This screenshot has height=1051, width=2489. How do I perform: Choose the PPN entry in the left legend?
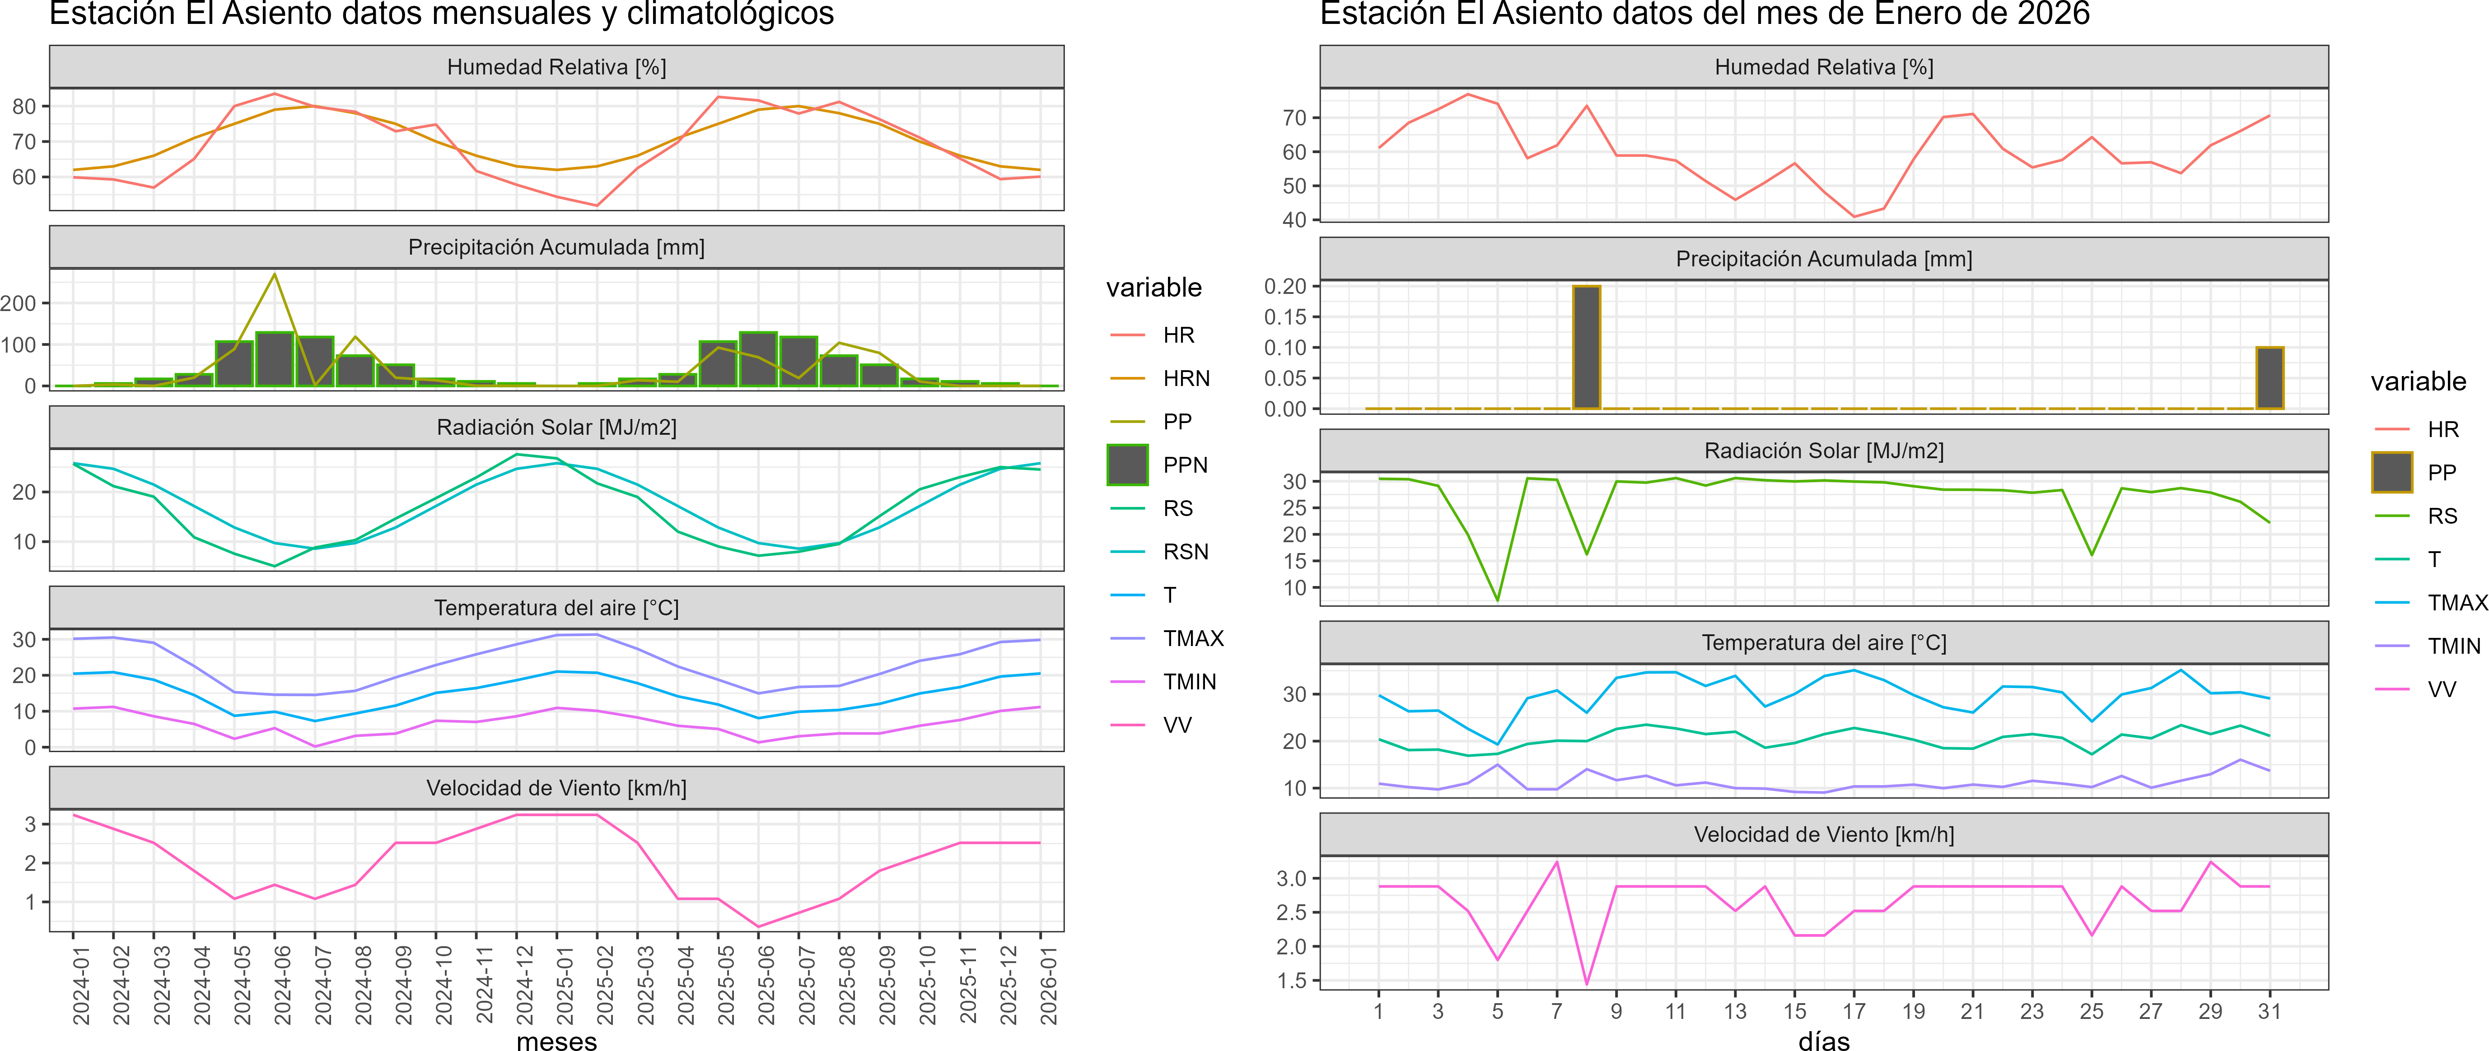click(1185, 465)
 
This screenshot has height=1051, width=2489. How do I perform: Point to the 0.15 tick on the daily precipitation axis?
click(1285, 317)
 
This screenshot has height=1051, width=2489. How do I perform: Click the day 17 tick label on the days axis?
click(1853, 1011)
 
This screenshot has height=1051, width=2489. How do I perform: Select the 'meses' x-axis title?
click(556, 1040)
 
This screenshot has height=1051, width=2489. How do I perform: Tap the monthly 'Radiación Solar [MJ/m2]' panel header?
click(556, 427)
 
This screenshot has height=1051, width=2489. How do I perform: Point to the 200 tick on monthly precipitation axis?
click(19, 303)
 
